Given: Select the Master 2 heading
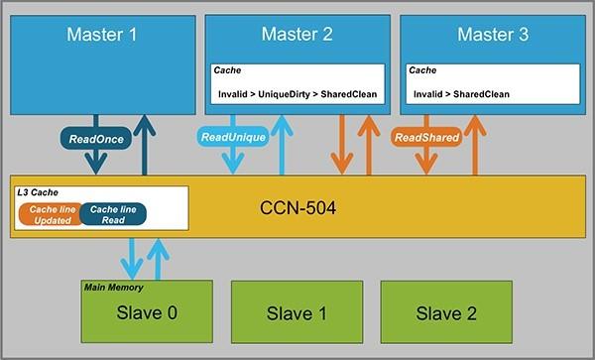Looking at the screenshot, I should tap(297, 36).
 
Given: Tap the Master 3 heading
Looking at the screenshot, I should tap(493, 36).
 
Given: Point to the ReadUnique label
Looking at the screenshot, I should tap(233, 138).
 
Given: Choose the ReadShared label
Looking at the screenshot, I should tap(426, 138).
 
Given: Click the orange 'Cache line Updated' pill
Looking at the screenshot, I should tap(48, 213).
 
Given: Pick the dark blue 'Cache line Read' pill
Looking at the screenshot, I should tap(112, 213).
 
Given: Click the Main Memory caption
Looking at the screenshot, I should tap(114, 288).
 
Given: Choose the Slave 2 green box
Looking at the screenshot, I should tap(446, 313).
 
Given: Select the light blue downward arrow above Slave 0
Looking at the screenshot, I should tap(133, 261).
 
